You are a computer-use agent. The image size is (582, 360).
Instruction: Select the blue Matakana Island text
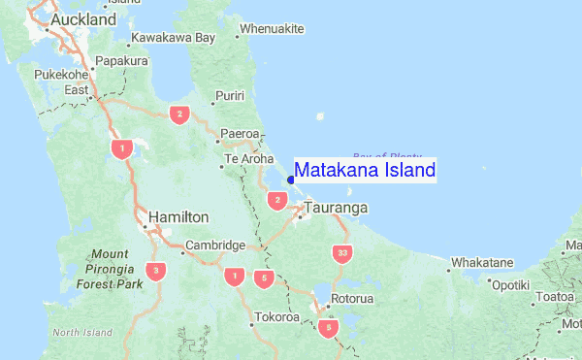click(x=365, y=171)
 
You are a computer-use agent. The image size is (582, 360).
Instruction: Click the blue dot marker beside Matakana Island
click(x=291, y=180)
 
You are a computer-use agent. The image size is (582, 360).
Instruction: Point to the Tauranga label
click(x=337, y=208)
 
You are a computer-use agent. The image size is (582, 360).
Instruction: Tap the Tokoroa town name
click(x=277, y=317)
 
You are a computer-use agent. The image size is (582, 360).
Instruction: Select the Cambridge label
click(x=214, y=245)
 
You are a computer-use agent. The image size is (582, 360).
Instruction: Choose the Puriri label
click(x=230, y=95)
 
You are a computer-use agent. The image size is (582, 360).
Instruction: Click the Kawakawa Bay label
click(x=173, y=38)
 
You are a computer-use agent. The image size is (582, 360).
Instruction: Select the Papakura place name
click(x=122, y=60)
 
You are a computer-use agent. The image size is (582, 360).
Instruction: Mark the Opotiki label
click(x=510, y=285)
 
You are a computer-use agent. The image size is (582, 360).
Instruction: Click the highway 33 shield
click(x=340, y=253)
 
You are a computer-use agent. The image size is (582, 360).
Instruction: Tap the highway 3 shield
click(x=156, y=270)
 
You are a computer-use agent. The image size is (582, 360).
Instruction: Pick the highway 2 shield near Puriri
click(x=178, y=115)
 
